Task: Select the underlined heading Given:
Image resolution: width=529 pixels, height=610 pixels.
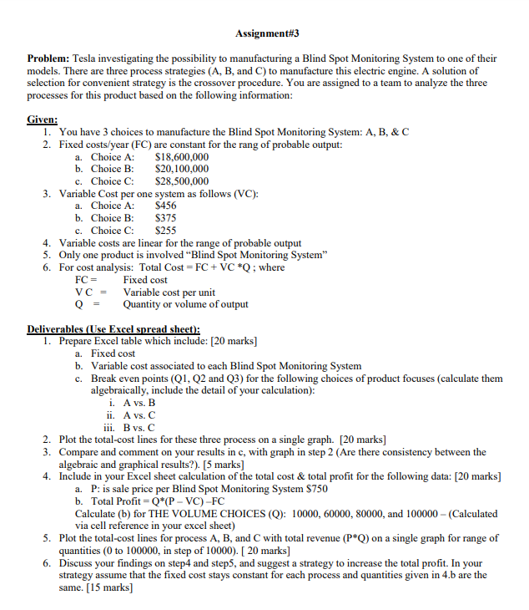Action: point(42,119)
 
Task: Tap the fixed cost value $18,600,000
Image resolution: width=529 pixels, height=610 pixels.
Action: point(182,157)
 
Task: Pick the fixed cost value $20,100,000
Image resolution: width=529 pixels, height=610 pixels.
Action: point(182,169)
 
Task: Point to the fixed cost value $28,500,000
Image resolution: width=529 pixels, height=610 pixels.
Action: point(182,181)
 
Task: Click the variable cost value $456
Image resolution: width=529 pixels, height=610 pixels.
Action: point(166,206)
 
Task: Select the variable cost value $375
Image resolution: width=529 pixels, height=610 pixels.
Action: point(166,218)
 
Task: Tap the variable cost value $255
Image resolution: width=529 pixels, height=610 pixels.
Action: point(166,231)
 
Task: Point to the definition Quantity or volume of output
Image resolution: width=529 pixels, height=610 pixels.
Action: point(185,304)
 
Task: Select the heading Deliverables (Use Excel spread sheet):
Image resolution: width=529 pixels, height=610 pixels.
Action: point(113,328)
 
